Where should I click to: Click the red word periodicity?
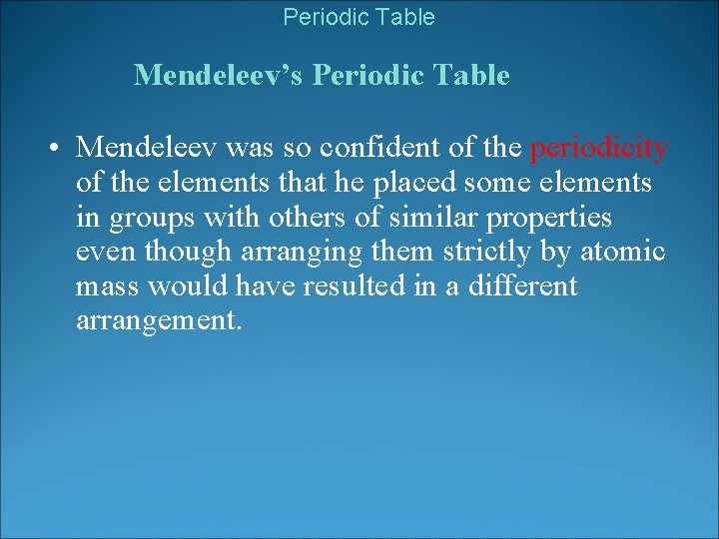click(x=598, y=149)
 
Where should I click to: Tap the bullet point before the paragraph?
click(x=50, y=150)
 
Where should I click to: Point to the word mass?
click(x=108, y=286)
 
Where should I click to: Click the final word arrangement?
click(x=159, y=321)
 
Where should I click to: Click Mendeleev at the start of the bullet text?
click(x=148, y=149)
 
